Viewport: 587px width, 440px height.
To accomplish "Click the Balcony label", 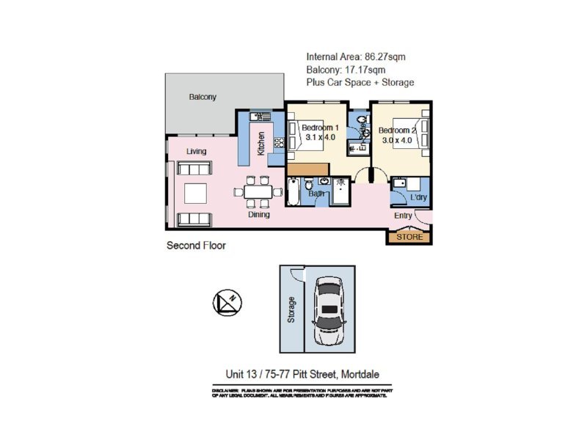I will (x=203, y=97).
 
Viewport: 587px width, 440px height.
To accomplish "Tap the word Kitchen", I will (x=261, y=142).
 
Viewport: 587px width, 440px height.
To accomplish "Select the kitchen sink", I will (x=260, y=117).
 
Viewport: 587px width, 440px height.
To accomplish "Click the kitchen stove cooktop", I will (x=279, y=144).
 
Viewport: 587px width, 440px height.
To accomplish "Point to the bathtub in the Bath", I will (x=293, y=191).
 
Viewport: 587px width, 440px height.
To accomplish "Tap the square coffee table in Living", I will (x=196, y=193).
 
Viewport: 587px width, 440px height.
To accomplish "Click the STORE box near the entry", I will (x=410, y=237).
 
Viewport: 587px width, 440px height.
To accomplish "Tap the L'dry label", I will (x=418, y=198).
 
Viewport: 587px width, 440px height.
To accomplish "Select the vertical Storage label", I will (x=292, y=310).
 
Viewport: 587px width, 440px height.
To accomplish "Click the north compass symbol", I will (x=225, y=302).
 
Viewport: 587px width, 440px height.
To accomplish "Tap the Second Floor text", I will (x=196, y=246).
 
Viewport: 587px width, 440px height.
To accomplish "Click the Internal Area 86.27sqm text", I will (x=355, y=56).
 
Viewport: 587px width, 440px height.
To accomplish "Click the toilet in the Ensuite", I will (x=362, y=122).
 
